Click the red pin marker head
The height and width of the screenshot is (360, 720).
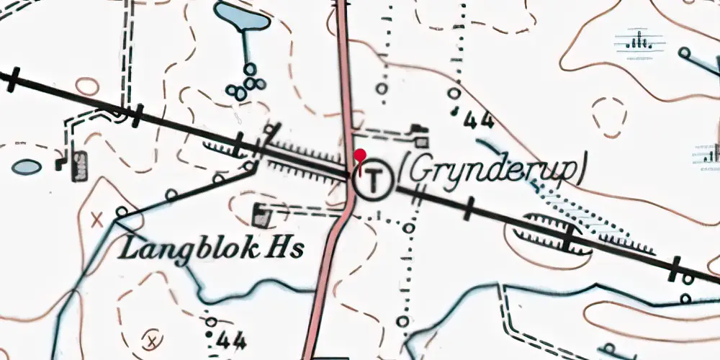coord(360,155)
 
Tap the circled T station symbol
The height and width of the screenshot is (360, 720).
coord(373,179)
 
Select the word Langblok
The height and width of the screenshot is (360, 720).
coord(188,250)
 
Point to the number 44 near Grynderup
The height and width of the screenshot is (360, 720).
coord(478,120)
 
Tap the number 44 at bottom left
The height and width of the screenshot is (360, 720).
coord(230,339)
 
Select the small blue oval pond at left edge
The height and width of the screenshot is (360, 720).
coord(25,167)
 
